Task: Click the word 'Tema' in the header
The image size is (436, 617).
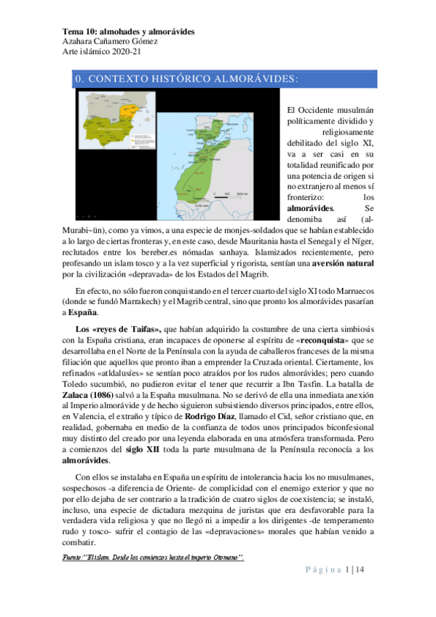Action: tap(72, 32)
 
